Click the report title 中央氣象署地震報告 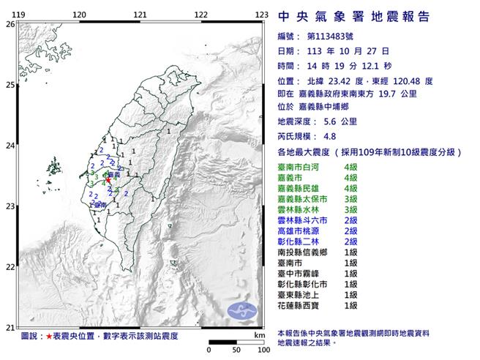click(353, 17)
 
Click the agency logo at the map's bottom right click(242, 310)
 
